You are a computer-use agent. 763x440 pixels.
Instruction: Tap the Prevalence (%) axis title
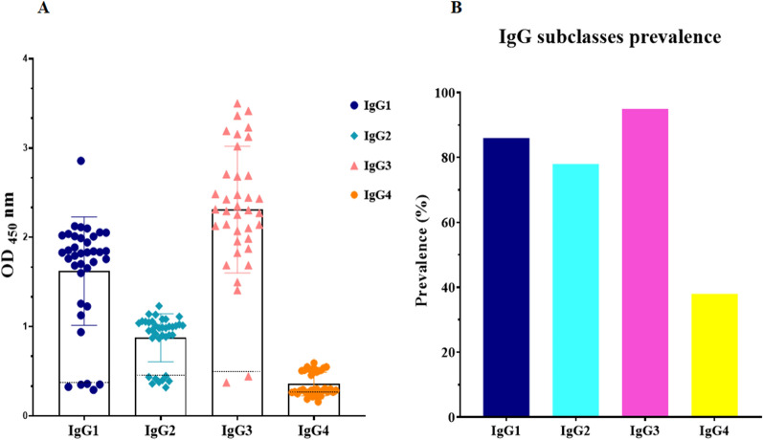point(422,255)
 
